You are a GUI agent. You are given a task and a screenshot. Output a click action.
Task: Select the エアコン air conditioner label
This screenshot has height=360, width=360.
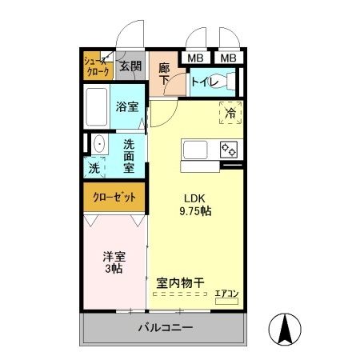pos(226,293)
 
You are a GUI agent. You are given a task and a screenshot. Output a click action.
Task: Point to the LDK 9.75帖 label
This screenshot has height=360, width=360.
pos(195,204)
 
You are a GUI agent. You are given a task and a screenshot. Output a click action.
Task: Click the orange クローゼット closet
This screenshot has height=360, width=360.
pos(114,196)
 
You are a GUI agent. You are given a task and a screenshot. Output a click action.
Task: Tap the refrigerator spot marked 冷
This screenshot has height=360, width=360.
pos(230,114)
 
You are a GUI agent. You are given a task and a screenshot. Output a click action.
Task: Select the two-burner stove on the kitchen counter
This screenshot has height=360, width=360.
pos(229,149)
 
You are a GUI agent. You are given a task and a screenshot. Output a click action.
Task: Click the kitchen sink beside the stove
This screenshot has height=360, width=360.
pos(197,150)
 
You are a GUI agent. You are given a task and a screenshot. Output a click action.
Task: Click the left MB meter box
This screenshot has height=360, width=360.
pos(194,58)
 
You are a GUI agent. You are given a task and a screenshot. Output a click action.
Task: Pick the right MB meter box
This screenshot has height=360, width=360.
pos(228,58)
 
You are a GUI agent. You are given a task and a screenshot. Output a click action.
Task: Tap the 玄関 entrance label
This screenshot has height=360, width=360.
pos(130,66)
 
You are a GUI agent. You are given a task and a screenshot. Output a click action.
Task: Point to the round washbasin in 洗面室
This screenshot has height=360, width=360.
pos(98,145)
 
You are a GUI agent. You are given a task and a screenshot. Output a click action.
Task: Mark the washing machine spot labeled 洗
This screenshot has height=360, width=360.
pos(94,169)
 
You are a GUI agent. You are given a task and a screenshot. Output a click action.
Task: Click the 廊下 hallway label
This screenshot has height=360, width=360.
pos(164,74)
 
